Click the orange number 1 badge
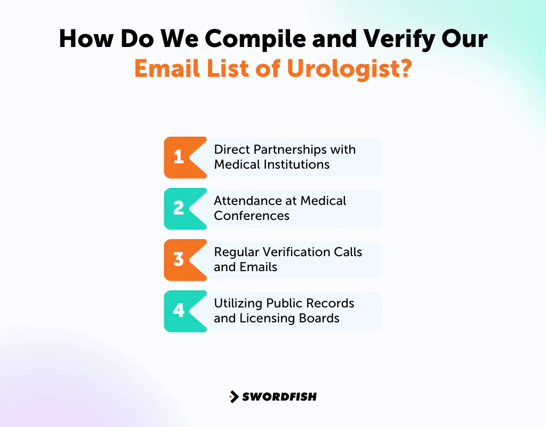(179, 157)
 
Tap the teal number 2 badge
(179, 208)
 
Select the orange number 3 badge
(179, 259)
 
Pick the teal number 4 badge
(179, 311)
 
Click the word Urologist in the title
(346, 69)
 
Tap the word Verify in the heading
(386, 39)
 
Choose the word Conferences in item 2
(252, 216)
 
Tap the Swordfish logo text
(279, 397)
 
